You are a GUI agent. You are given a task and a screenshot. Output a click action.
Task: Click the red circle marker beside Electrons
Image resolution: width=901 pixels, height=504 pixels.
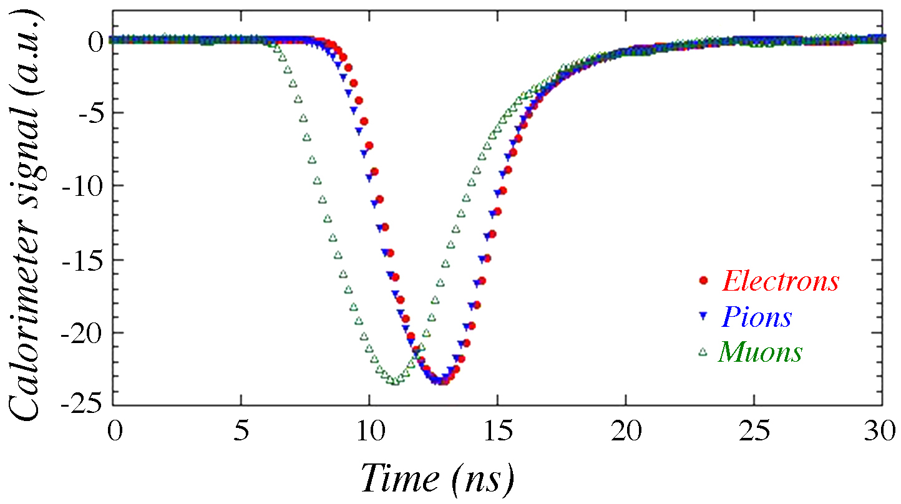click(x=704, y=281)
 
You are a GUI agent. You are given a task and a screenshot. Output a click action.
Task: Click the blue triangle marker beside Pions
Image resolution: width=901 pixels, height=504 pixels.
click(x=704, y=316)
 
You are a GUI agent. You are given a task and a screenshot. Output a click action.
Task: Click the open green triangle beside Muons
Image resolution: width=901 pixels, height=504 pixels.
click(x=704, y=352)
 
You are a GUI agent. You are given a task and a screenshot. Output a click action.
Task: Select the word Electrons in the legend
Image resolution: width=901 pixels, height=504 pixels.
click(x=781, y=281)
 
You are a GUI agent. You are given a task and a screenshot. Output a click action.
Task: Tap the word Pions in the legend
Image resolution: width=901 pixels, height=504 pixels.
click(x=756, y=317)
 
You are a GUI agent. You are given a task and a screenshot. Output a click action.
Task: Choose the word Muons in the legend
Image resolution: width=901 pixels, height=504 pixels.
click(x=760, y=352)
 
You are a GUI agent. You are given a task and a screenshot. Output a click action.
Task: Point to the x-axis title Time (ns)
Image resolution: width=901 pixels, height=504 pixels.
click(x=437, y=479)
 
